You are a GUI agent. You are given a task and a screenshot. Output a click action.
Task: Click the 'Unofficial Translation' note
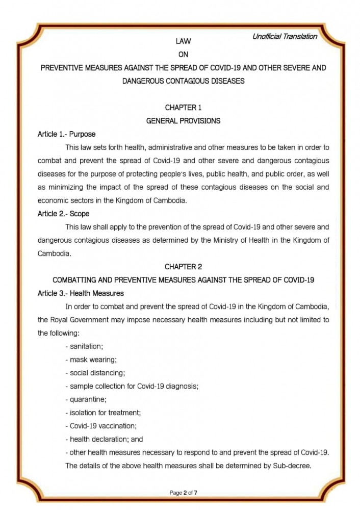(x=285, y=37)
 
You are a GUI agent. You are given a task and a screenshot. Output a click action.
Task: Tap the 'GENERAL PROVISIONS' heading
(x=183, y=121)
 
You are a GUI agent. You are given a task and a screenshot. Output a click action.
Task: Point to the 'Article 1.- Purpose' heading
(x=66, y=134)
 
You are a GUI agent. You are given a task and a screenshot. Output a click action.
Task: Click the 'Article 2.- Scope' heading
(x=64, y=214)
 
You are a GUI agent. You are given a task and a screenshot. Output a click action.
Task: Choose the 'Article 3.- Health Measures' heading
(x=81, y=293)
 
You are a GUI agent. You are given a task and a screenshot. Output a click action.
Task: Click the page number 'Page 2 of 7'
(x=183, y=493)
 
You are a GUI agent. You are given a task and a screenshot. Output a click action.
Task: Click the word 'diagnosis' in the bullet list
(x=181, y=386)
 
